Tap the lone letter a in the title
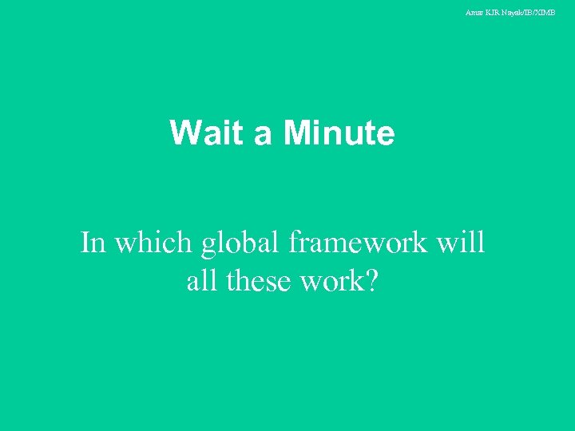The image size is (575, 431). coord(263,136)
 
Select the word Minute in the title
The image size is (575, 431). coord(339,133)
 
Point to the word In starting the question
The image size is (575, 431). coord(93,242)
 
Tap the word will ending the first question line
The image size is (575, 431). coord(461,242)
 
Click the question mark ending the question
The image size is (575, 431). coord(371,280)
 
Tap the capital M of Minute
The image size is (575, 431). coord(296,133)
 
